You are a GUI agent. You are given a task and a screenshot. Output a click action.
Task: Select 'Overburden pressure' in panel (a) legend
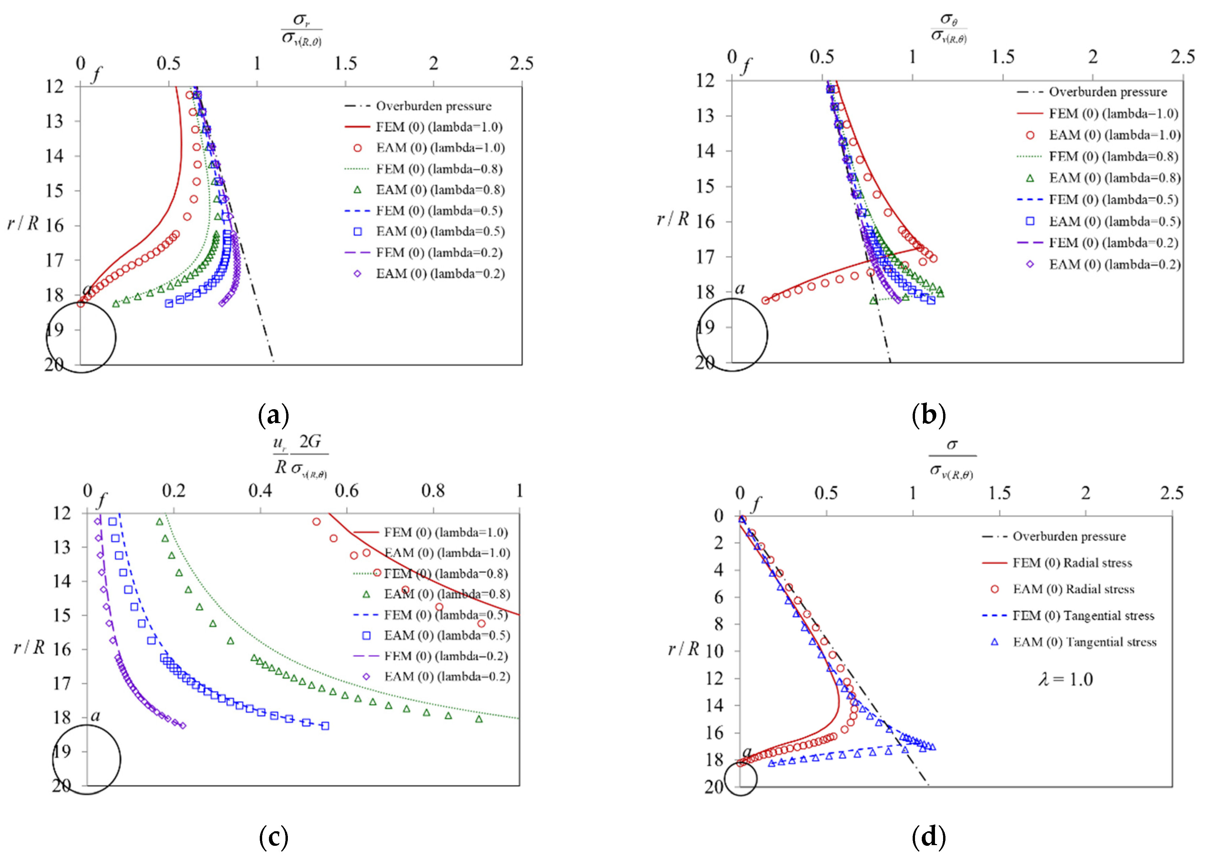[433, 106]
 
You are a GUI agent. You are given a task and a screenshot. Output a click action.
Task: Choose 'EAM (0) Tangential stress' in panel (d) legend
[1084, 642]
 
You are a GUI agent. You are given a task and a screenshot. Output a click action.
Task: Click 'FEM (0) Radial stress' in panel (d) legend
[1072, 562]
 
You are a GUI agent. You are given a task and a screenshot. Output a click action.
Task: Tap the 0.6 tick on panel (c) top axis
[346, 490]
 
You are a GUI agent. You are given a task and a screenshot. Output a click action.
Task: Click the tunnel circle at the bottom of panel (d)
[740, 778]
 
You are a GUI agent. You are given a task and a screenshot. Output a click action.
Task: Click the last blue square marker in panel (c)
[325, 726]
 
